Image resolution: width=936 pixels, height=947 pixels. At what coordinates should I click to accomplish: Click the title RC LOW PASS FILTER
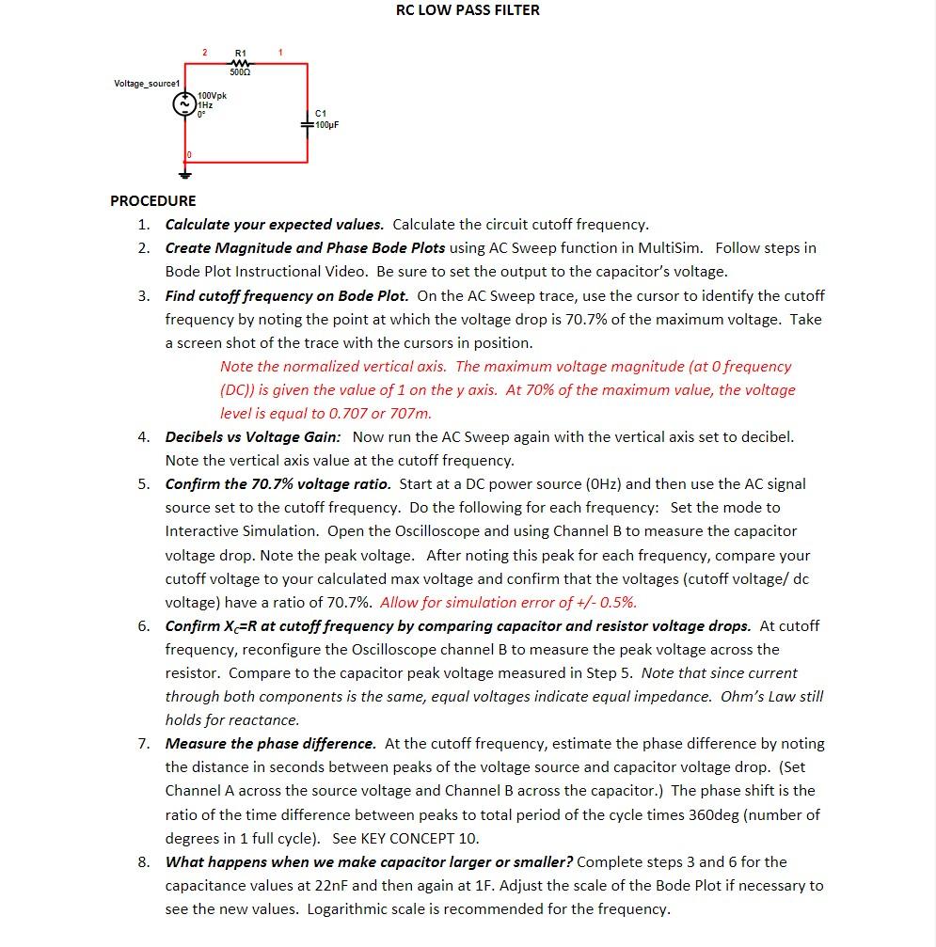point(468,10)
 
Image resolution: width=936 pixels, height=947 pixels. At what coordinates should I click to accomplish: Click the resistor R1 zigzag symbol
point(240,63)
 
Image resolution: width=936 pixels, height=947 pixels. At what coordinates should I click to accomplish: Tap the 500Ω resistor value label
point(240,72)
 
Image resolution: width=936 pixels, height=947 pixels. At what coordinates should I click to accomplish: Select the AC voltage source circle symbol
point(185,105)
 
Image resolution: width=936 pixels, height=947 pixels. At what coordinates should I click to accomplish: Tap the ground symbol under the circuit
point(185,173)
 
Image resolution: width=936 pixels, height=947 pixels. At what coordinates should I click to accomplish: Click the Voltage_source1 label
point(146,84)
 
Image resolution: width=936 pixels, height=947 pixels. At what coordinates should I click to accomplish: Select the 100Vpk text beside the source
point(213,96)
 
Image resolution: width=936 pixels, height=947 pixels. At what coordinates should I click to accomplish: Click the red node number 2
point(205,53)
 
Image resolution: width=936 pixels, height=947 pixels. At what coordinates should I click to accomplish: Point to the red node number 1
point(280,53)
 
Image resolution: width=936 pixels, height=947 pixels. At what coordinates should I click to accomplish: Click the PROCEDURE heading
point(153,200)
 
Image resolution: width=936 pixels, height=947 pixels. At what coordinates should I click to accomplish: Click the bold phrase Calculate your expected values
point(274,225)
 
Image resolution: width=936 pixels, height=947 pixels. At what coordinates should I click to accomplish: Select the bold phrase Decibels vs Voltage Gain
point(253,437)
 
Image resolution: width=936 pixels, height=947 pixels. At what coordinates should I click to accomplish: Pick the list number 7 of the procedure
point(143,744)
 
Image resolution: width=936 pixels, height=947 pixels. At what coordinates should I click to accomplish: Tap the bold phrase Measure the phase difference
point(270,744)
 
